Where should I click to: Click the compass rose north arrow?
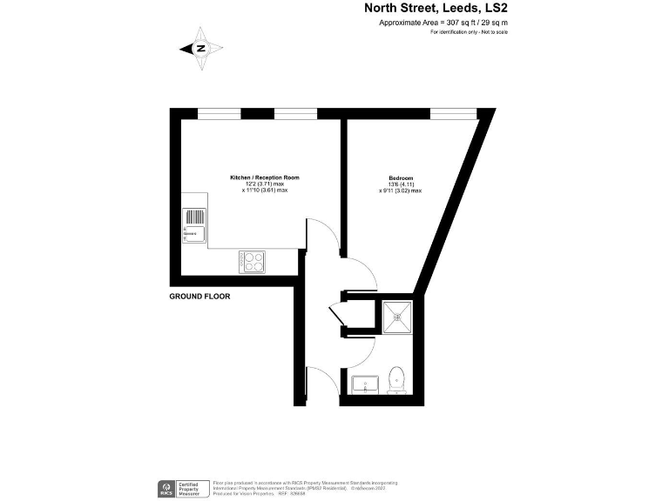200,49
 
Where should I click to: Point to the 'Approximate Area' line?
443,23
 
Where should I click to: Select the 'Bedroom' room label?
400,178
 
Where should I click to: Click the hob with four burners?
253,259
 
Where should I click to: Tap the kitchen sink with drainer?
193,225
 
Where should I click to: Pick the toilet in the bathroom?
398,378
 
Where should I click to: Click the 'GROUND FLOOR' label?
200,296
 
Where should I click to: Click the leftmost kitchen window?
219,113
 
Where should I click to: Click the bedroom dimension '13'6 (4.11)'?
400,184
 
